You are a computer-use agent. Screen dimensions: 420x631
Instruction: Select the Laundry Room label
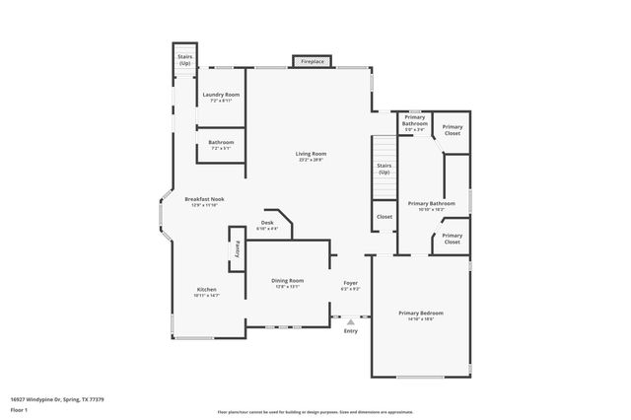pos(221,95)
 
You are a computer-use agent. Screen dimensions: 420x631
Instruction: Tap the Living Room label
pos(311,153)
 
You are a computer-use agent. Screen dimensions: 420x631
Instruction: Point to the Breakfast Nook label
pos(204,199)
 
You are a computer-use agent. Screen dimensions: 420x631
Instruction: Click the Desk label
pos(267,223)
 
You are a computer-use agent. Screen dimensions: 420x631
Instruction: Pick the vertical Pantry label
pos(237,250)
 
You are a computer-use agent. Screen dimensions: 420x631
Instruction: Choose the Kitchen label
pos(206,289)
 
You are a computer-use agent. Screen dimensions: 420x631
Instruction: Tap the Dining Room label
pos(288,281)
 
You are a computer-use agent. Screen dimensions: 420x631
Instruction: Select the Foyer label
pos(350,282)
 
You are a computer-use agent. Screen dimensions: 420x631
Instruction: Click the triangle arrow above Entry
pos(350,320)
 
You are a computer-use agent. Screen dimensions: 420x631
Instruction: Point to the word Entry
pos(350,330)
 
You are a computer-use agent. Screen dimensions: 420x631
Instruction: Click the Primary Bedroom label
pos(416,313)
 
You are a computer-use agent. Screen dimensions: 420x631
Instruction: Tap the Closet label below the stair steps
pos(385,216)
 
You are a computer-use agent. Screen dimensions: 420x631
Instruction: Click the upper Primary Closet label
pos(452,129)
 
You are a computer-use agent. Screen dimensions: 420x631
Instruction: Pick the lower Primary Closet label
pos(452,238)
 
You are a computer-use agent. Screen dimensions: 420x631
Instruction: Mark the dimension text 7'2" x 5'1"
pos(221,149)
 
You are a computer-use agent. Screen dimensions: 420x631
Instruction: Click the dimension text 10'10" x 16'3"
pos(432,209)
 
